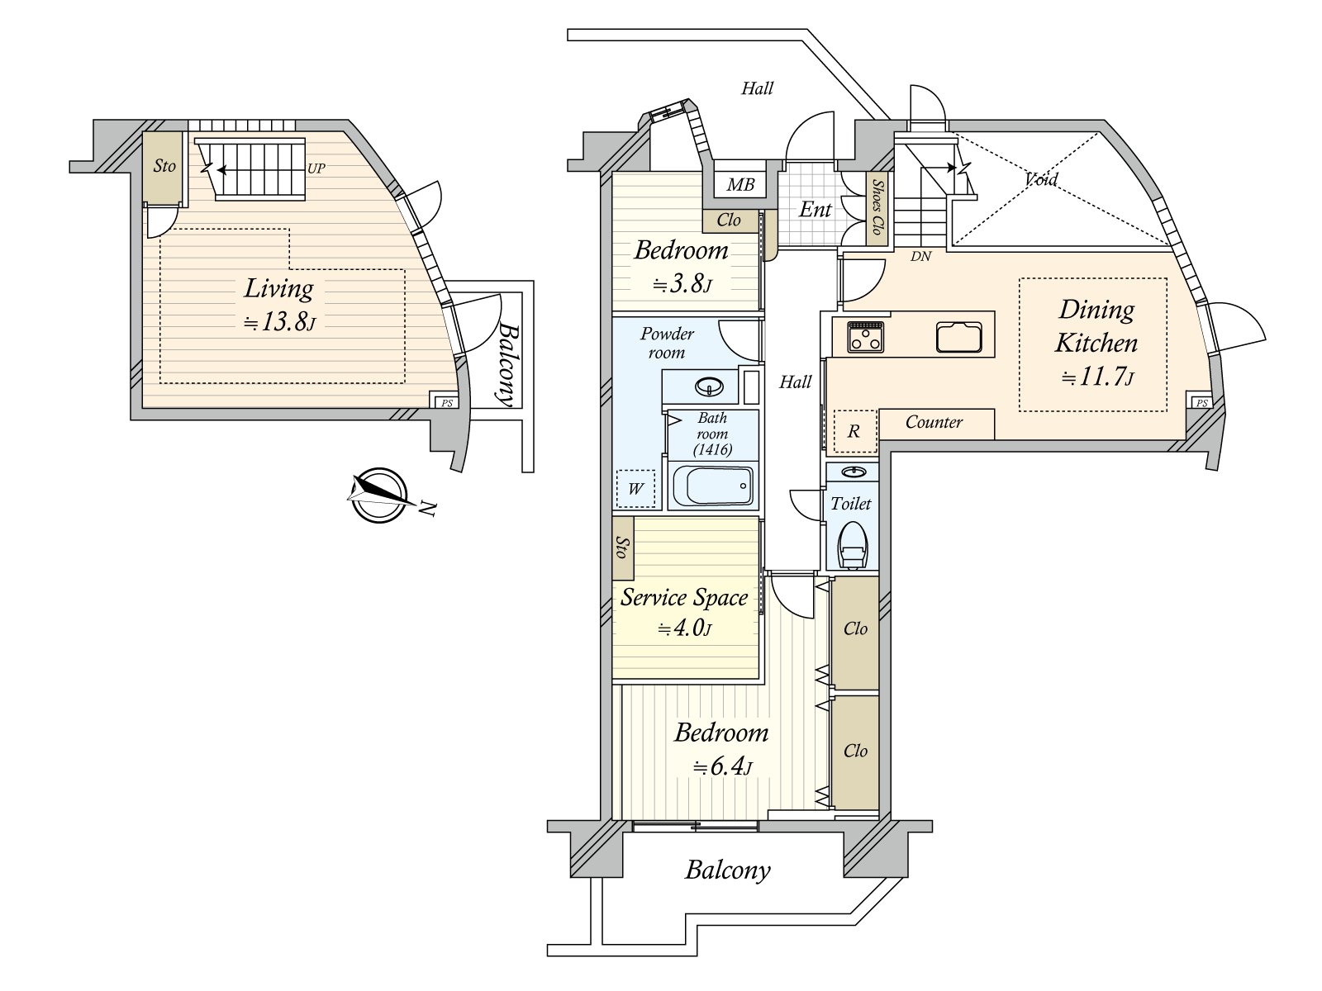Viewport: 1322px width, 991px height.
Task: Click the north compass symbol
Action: point(379,495)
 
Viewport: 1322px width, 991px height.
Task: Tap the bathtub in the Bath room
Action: point(712,486)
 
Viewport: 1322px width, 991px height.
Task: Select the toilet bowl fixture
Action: point(852,545)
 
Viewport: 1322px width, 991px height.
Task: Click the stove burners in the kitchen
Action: point(865,336)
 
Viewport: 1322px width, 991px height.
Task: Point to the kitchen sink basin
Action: point(958,337)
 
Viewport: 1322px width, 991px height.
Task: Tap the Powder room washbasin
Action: point(710,386)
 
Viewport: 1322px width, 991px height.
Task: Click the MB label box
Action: point(740,185)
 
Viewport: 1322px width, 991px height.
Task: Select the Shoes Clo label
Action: point(877,206)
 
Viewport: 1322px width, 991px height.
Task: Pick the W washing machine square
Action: point(635,489)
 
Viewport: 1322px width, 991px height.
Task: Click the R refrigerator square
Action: point(854,431)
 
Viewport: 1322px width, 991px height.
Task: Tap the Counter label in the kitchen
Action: point(934,422)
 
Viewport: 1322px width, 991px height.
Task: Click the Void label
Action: point(1041,178)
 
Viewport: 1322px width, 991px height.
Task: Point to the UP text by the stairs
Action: point(316,168)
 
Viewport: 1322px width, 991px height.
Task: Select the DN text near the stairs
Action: point(921,256)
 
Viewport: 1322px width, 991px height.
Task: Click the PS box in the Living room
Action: point(446,402)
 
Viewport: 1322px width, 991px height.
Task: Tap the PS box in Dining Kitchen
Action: point(1201,402)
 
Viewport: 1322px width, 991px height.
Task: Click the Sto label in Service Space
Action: point(622,547)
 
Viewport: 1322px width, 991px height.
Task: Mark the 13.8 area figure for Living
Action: point(278,323)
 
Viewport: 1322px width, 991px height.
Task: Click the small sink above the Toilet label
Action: point(852,471)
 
